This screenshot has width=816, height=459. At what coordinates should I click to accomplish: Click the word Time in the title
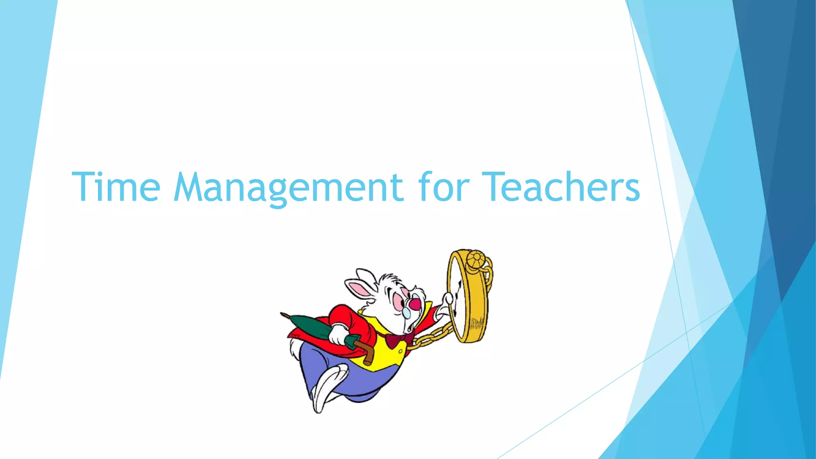tap(116, 187)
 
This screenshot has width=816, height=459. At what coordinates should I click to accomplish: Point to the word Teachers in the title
tap(561, 187)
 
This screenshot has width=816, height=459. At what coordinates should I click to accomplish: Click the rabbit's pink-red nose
tap(415, 304)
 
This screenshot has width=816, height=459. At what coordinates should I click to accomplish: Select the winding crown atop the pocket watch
tap(476, 260)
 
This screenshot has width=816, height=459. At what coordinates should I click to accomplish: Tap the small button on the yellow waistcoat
tap(400, 352)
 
